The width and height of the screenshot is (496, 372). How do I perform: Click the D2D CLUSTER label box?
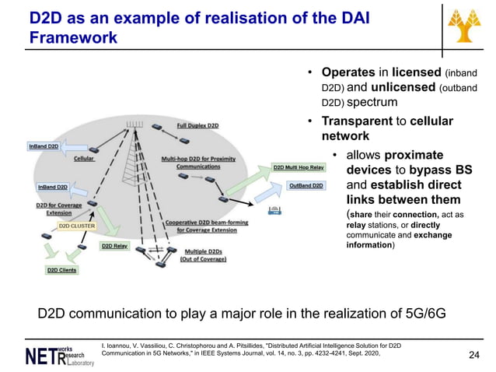click(x=77, y=226)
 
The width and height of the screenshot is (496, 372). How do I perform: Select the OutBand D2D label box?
click(x=306, y=186)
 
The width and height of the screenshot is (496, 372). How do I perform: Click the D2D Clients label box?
click(x=62, y=270)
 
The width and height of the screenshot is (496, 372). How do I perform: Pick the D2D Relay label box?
click(x=114, y=246)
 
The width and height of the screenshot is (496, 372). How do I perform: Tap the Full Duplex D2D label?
click(x=197, y=125)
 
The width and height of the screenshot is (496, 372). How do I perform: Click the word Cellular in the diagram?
click(x=84, y=158)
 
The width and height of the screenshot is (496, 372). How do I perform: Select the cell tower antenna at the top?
click(x=136, y=125)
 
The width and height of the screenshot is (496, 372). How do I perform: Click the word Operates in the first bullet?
click(x=348, y=73)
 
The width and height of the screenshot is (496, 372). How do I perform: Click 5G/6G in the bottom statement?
click(x=424, y=314)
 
